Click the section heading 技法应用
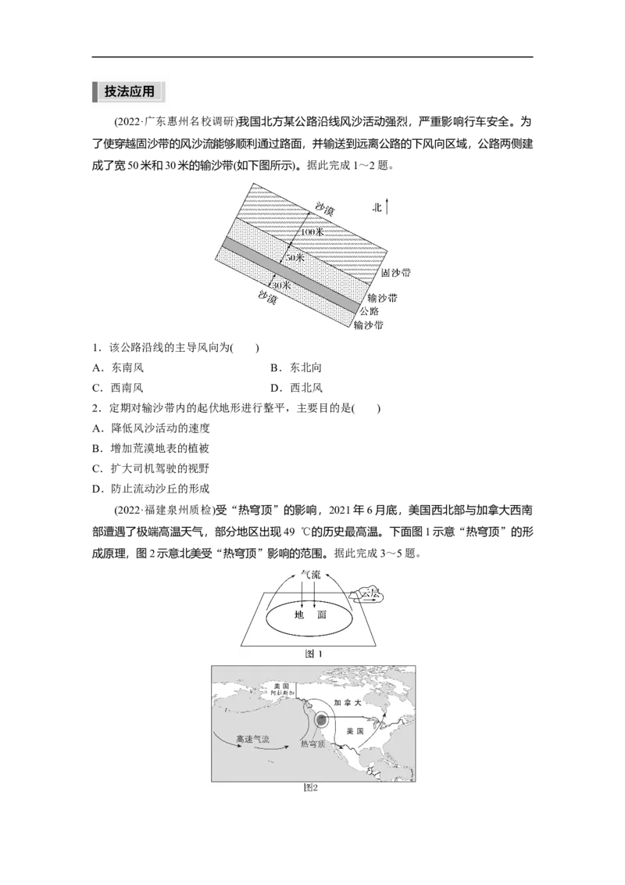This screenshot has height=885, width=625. tap(129, 91)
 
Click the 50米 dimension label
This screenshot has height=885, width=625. tap(295, 257)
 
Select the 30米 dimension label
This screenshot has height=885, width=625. tap(281, 285)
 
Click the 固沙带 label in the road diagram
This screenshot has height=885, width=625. tap(395, 273)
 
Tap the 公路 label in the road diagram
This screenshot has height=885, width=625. tap(370, 311)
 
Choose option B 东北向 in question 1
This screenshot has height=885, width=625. tap(296, 367)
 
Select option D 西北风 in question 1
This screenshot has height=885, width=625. tap(296, 388)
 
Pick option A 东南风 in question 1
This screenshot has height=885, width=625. tap(118, 367)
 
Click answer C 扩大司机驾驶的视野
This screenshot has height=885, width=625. tap(151, 468)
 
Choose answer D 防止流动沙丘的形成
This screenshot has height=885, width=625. tap(151, 489)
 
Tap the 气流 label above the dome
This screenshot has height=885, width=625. tap(311, 575)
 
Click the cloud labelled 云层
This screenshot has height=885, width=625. tap(368, 594)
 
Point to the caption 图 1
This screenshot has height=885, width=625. tap(313, 654)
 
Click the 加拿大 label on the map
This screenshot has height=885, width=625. tap(348, 703)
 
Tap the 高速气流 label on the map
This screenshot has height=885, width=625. tap(252, 739)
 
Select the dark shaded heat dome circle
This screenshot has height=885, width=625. tap(321, 719)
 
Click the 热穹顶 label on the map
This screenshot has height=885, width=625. tap(312, 744)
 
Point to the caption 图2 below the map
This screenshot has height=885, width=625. tap(311, 788)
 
